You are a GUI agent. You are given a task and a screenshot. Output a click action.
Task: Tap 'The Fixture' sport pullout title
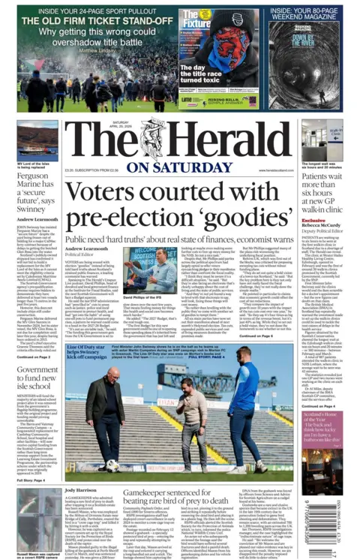point(196,22)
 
